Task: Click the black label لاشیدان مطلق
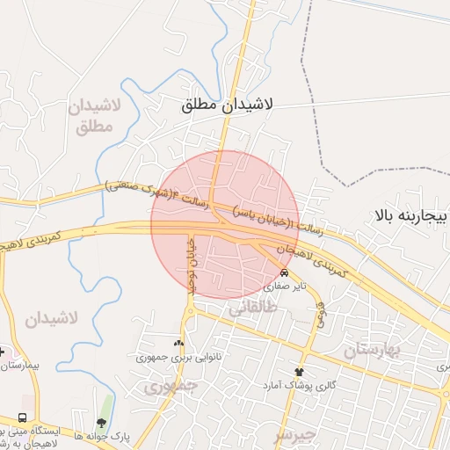(228, 105)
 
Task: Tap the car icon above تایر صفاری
(284, 273)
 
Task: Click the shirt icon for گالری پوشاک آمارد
(299, 372)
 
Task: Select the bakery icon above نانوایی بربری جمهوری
(179, 344)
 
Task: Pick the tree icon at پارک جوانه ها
(108, 407)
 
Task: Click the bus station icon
(21, 417)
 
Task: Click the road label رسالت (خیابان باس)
(278, 221)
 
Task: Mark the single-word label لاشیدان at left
(52, 318)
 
